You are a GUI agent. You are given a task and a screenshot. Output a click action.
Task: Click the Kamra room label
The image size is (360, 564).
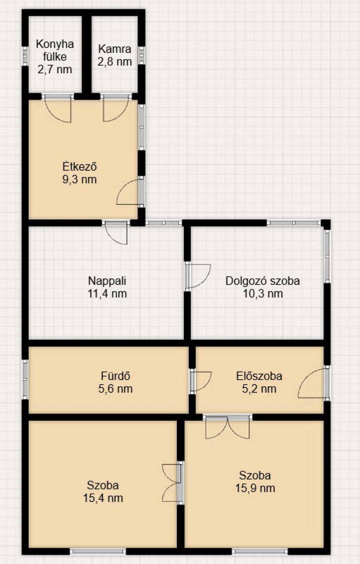click(x=115, y=49)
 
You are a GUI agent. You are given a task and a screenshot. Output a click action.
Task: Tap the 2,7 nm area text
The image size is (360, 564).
click(x=55, y=69)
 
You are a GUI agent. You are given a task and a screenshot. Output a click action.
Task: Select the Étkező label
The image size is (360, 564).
click(x=79, y=167)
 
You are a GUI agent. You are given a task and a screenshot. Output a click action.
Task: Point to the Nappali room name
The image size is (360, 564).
click(x=107, y=281)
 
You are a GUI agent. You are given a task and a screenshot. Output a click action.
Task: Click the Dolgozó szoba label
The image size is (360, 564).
click(x=263, y=281)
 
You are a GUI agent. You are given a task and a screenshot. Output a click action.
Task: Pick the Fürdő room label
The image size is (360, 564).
click(x=115, y=376)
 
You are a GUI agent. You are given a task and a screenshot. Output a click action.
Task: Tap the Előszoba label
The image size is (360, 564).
click(x=259, y=376)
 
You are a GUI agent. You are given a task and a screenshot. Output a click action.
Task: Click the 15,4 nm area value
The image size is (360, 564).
click(x=103, y=498)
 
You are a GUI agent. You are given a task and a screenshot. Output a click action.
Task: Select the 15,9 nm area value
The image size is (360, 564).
click(x=255, y=488)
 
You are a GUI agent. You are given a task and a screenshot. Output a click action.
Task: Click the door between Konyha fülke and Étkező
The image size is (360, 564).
click(x=58, y=108)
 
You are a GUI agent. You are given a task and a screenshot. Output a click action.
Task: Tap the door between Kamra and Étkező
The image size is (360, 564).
click(x=116, y=108)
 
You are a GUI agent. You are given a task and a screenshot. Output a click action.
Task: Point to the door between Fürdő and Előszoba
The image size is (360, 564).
click(x=200, y=381)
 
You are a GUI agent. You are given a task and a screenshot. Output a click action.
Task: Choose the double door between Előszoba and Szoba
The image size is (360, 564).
click(x=228, y=426)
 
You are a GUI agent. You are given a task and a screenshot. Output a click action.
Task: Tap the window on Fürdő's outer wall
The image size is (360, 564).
click(x=25, y=379)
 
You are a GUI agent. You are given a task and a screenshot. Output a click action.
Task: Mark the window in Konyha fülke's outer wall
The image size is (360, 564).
click(x=25, y=56)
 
